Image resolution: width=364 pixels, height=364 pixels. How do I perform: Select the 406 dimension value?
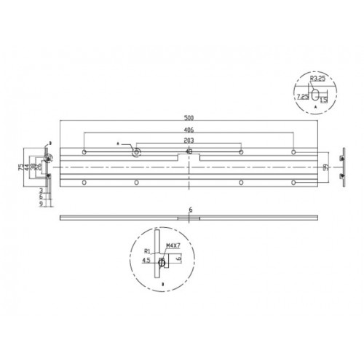tap(189, 131)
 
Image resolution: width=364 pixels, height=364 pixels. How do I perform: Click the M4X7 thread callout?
tap(173, 245)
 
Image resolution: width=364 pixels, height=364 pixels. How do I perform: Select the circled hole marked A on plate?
tap(137, 152)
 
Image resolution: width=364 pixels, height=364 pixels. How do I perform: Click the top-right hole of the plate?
tap(293, 152)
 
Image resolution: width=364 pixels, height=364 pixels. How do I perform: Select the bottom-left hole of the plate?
tap(85, 181)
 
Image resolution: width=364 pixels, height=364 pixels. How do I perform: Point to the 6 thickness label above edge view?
tap(189, 210)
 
